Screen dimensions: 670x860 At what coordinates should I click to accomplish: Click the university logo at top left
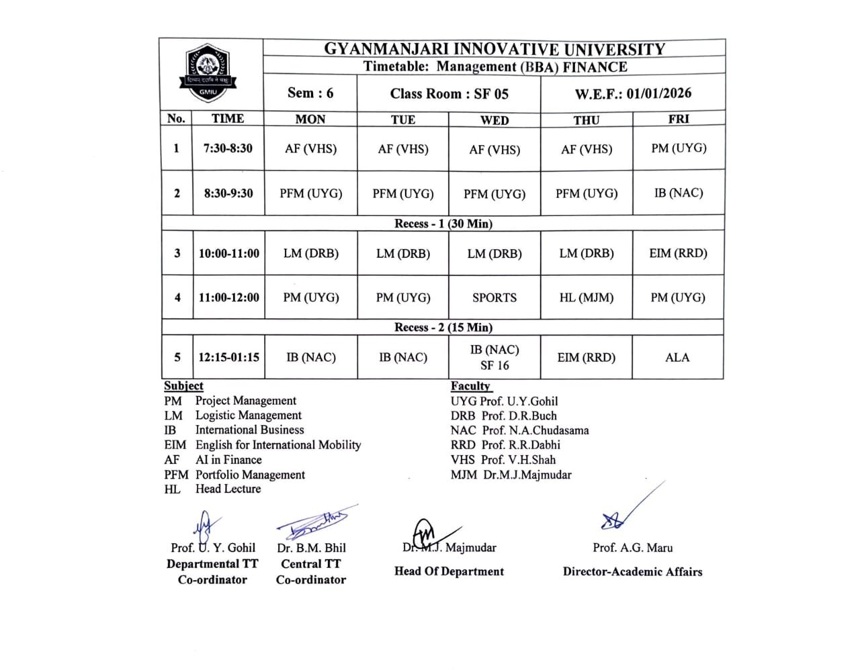208,75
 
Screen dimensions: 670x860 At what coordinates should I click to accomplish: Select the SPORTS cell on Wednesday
494,297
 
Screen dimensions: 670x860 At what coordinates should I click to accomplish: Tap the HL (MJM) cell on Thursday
587,297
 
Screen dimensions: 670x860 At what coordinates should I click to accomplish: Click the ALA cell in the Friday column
677,357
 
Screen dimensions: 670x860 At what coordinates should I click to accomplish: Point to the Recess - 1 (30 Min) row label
443,224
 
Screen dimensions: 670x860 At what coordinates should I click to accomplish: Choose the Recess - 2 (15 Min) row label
443,328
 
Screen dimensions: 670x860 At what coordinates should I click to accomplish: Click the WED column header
494,119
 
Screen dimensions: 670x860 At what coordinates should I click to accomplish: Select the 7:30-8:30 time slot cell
228,148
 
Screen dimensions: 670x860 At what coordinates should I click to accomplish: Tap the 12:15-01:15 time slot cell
228,357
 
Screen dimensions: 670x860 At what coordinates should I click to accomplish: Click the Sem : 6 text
310,93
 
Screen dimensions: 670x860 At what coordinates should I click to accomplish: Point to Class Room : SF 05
449,93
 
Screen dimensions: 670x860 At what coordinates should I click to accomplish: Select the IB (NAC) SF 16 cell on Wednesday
494,357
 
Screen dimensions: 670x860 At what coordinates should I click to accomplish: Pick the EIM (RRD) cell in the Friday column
678,253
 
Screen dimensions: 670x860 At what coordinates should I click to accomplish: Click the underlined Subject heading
183,386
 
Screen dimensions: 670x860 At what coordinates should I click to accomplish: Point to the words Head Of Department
449,571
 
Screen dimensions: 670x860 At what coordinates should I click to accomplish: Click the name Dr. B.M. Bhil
311,548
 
